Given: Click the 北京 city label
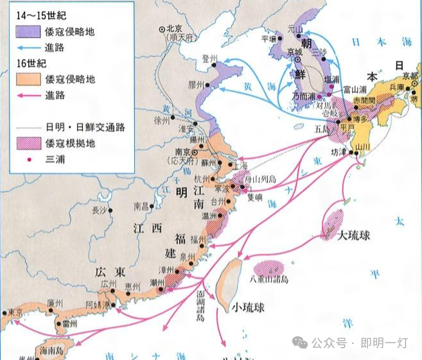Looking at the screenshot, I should [175, 29].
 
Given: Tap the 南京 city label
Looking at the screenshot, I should [184, 152].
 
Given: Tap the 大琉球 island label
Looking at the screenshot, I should [355, 236].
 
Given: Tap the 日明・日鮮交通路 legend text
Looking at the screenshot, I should [80, 127].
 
